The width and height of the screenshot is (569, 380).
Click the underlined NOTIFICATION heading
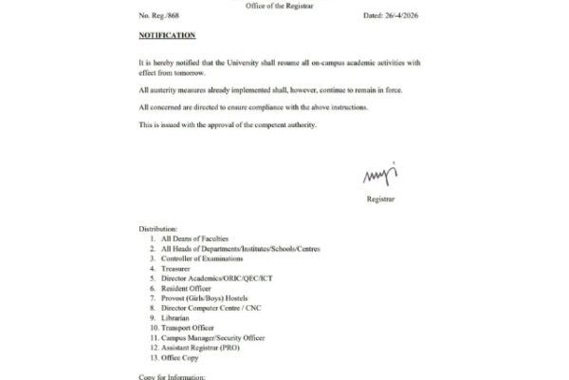(167, 35)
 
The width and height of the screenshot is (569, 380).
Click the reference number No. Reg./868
(159, 14)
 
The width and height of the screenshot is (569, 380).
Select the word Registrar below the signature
(379, 199)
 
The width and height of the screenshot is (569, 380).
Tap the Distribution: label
(158, 229)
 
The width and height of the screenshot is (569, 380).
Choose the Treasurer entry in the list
(177, 268)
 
